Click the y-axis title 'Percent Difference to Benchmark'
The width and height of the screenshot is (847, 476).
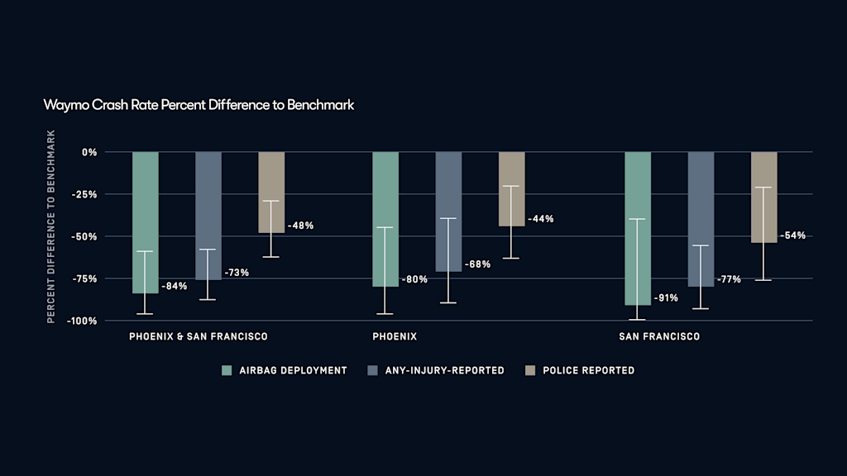(x=51, y=226)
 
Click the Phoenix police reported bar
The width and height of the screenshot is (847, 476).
(x=511, y=189)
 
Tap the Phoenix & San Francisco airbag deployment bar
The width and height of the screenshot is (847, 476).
(x=145, y=222)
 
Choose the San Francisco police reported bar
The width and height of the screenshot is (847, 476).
(x=763, y=198)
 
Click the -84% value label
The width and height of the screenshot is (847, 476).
(x=174, y=286)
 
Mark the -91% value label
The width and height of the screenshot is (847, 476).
(x=665, y=297)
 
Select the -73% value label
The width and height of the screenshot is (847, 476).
(x=236, y=272)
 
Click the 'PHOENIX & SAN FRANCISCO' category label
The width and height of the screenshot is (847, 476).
(x=198, y=337)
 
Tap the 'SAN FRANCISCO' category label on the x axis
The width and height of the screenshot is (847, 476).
(x=659, y=337)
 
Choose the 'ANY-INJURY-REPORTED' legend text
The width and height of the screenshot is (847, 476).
(x=444, y=370)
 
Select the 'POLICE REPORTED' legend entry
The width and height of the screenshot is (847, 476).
(x=588, y=370)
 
